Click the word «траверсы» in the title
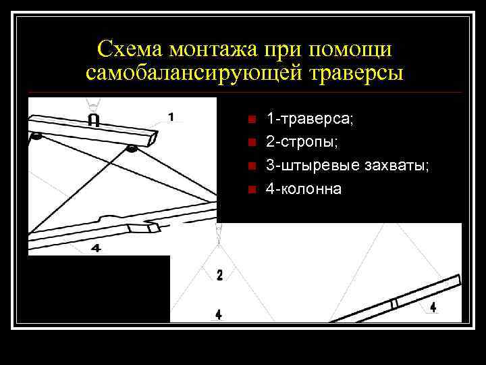click(356, 72)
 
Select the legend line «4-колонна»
click(304, 189)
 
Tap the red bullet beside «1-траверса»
click(251, 120)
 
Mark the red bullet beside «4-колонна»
click(251, 189)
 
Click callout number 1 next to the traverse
click(171, 117)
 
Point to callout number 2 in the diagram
click(219, 274)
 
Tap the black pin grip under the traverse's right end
click(132, 149)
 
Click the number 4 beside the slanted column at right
click(433, 308)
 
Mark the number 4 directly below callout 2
click(218, 314)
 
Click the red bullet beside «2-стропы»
click(251, 143)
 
